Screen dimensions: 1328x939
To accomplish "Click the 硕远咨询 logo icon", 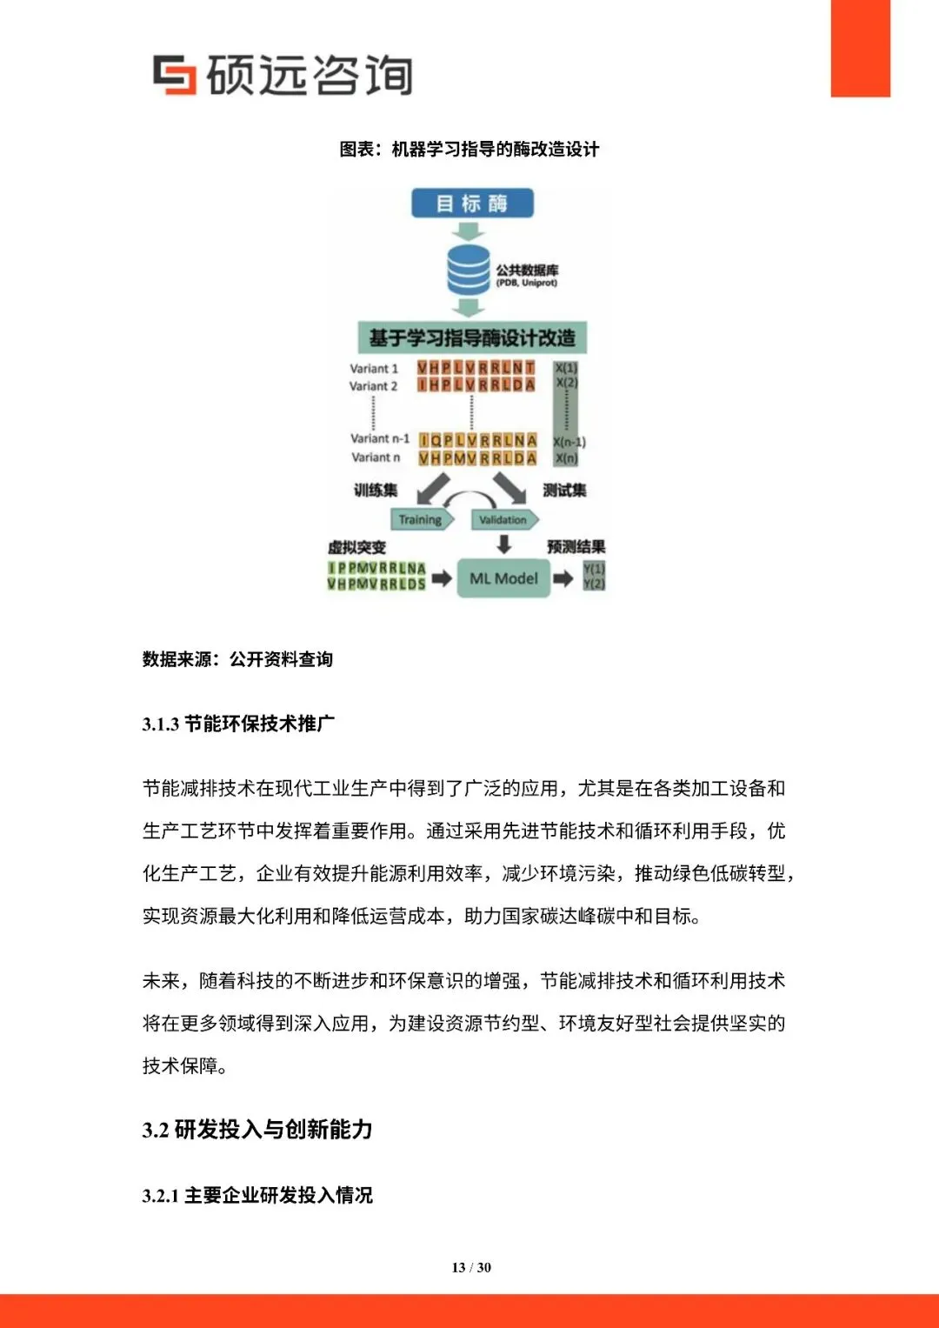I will coord(174,74).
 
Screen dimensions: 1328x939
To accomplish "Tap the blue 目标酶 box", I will coord(472,204).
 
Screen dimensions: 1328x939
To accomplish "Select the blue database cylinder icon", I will coord(469,270).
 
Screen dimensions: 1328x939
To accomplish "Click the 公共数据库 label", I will coord(527,270).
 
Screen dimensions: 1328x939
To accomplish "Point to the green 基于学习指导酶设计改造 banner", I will coord(472,337).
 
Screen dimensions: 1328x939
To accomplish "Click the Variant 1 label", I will coord(374,369).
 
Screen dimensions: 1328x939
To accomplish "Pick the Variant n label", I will coord(376,457).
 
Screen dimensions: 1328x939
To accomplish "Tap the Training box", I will coord(421,520).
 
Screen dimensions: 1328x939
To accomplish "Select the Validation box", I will coord(503,520).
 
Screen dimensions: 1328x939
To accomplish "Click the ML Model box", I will coord(503,578).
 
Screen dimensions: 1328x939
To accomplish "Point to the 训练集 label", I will coord(376,490).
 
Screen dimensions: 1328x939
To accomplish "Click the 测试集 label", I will coord(564,490).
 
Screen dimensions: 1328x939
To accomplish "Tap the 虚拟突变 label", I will coord(356,547).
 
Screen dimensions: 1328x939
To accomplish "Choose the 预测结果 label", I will coord(576,547).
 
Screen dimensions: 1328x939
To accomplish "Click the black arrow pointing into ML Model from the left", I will coord(442,578).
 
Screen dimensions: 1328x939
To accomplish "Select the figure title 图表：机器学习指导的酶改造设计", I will coord(469,150).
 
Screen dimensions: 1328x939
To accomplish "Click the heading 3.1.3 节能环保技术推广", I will coord(238,724).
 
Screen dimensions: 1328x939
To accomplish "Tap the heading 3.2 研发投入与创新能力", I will coord(257,1130).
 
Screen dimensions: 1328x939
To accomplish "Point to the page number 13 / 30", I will coord(471,1267).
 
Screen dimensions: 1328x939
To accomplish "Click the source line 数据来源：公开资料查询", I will coord(237,659).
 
